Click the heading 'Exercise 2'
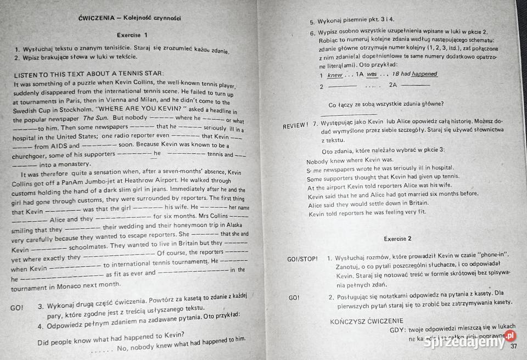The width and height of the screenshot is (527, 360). [397, 238]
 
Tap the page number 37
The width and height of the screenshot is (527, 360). [514, 346]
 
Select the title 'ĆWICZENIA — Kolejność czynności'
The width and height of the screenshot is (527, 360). [130, 18]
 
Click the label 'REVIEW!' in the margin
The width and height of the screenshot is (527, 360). [295, 125]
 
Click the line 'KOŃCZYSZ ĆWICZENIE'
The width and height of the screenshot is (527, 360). [374, 320]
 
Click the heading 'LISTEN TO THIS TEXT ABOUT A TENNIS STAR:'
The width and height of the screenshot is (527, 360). [88, 73]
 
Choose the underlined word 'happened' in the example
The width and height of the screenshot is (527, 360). [424, 74]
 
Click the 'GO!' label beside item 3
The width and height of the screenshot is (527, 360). [17, 308]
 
